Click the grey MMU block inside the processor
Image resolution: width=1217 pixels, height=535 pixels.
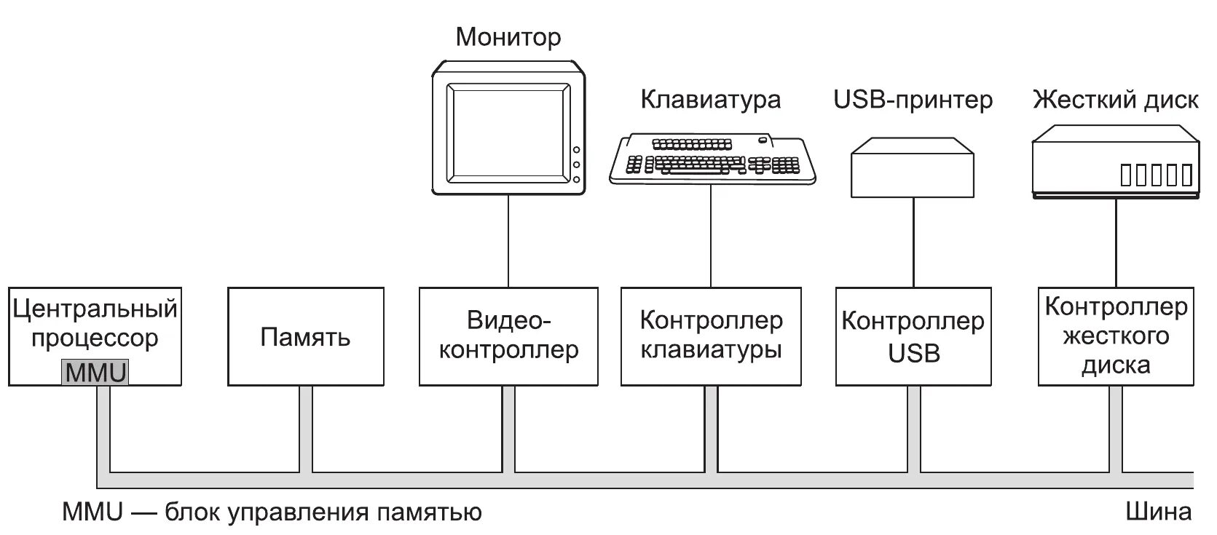point(95,373)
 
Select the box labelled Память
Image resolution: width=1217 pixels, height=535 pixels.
point(305,336)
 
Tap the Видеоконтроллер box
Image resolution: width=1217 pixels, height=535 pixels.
point(508,336)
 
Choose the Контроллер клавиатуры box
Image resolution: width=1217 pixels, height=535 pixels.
point(711,336)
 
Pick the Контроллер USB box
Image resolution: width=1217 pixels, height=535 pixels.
point(913,336)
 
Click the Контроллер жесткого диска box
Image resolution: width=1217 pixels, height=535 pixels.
point(1116,336)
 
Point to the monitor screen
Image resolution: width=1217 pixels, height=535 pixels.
point(508,132)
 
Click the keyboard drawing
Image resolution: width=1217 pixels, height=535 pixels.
point(712,157)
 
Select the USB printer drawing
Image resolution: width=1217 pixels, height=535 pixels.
point(913,167)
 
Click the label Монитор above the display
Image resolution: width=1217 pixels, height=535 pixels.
point(508,36)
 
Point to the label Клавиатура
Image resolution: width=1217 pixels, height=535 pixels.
point(711,99)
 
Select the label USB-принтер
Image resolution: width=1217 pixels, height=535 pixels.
point(913,99)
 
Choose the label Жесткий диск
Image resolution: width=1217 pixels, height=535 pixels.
point(1116,99)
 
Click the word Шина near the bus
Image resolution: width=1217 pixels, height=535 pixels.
point(1159,512)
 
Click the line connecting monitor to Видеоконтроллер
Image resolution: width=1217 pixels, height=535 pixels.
point(508,240)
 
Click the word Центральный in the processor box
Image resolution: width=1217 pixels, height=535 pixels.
point(95,309)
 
